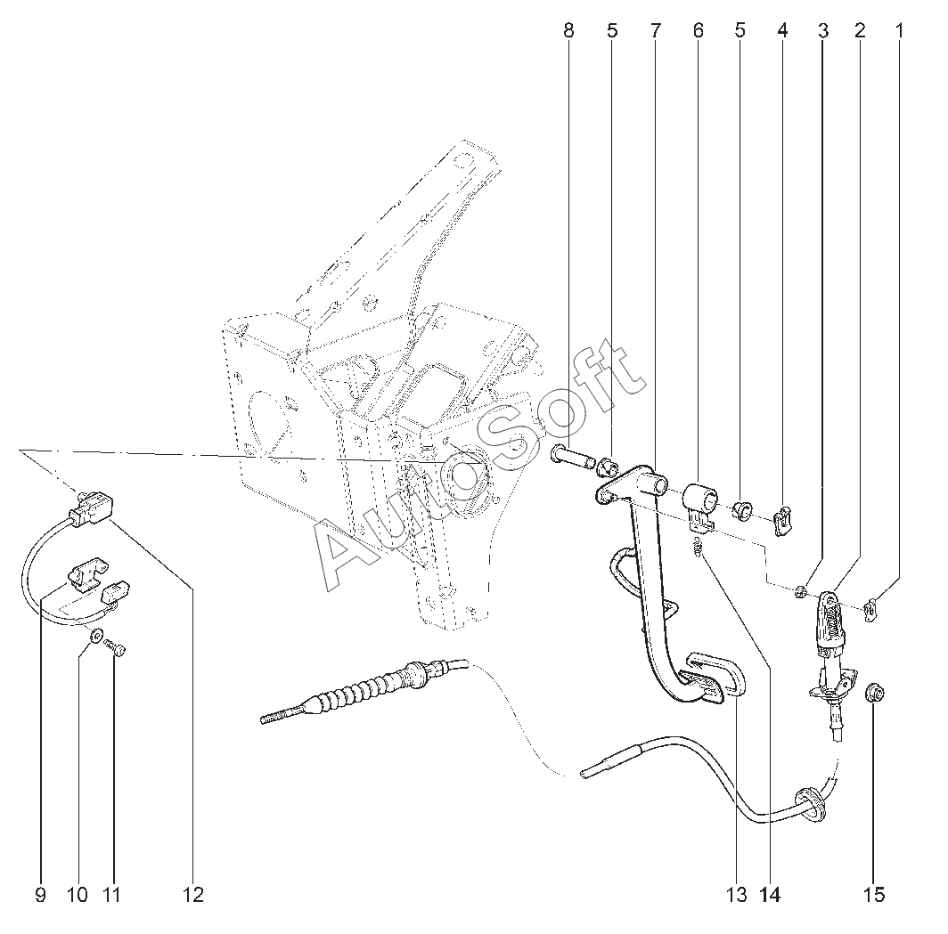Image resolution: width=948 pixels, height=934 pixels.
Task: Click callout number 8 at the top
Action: [x=568, y=31]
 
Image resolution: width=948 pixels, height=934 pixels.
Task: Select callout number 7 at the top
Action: [x=656, y=31]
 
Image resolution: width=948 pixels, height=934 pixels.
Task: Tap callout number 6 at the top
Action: [x=699, y=31]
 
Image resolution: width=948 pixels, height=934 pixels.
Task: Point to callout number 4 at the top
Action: [x=782, y=31]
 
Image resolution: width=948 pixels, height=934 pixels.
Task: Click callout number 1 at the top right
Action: [x=899, y=31]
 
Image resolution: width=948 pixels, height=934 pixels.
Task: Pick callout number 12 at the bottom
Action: [x=193, y=895]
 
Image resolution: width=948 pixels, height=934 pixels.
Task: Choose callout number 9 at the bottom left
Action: [x=40, y=895]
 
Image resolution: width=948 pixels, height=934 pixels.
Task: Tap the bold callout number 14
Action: [x=770, y=895]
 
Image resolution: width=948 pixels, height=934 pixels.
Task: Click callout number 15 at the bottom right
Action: [x=874, y=895]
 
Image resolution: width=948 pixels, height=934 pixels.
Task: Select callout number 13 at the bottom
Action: [x=736, y=895]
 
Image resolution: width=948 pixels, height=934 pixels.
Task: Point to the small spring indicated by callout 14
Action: [x=698, y=548]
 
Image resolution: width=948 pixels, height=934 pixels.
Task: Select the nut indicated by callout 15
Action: [x=875, y=693]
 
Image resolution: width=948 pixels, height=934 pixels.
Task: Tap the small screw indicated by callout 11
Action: [x=116, y=647]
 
